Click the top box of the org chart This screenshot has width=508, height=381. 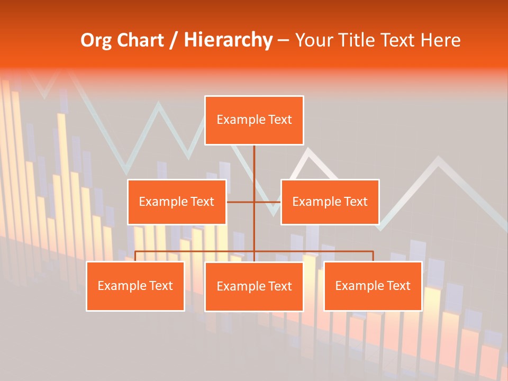(x=254, y=120)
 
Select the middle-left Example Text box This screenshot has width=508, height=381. (x=177, y=202)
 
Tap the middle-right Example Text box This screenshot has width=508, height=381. (x=330, y=202)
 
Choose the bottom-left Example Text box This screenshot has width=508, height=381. (x=135, y=286)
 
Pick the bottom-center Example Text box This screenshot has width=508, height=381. (x=254, y=286)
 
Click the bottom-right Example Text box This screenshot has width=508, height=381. (x=373, y=286)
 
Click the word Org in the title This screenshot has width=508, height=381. (x=96, y=40)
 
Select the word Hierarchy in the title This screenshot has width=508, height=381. (x=228, y=40)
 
